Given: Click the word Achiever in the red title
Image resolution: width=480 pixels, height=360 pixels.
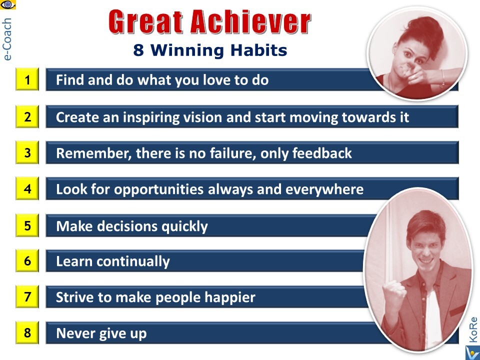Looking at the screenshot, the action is pyautogui.click(x=251, y=21).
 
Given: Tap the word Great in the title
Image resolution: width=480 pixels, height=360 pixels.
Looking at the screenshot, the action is pyautogui.click(x=145, y=21).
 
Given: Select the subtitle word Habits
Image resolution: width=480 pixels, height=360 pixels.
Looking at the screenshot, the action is pyautogui.click(x=258, y=50).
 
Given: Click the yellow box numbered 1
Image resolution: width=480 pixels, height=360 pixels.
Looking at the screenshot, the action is pyautogui.click(x=27, y=79).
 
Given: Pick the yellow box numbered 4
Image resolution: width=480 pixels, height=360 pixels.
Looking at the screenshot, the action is pyautogui.click(x=27, y=188).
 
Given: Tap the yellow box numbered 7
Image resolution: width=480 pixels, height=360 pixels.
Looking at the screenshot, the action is pyautogui.click(x=27, y=296).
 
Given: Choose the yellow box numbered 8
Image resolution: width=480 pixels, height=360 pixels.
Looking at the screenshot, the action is pyautogui.click(x=27, y=332).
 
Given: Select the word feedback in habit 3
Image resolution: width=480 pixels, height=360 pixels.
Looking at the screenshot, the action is pyautogui.click(x=322, y=153).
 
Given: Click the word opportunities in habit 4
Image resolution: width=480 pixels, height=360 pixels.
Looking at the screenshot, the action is pyautogui.click(x=159, y=190).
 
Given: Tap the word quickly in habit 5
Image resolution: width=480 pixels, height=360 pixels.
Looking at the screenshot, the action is pyautogui.click(x=184, y=227).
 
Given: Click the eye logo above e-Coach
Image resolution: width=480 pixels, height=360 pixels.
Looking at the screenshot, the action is pyautogui.click(x=8, y=4).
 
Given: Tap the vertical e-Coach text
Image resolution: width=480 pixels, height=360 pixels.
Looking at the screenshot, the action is pyautogui.click(x=6, y=39).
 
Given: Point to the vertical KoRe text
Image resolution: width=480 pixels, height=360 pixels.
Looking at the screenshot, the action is pyautogui.click(x=473, y=329).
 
